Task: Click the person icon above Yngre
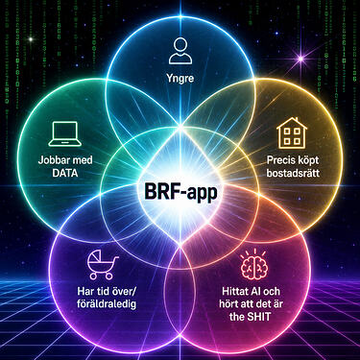click(180, 51)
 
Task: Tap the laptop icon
click(63, 133)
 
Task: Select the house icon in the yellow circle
click(292, 132)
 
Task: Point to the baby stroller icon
click(103, 265)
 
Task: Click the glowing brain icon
click(254, 264)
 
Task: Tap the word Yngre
click(180, 79)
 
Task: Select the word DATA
click(65, 173)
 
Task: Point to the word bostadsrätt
click(293, 173)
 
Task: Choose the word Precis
click(279, 159)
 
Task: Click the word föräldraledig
click(107, 303)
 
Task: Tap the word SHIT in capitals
click(258, 317)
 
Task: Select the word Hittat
click(235, 291)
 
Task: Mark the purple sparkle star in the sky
click(300, 59)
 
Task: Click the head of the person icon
click(180, 44)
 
